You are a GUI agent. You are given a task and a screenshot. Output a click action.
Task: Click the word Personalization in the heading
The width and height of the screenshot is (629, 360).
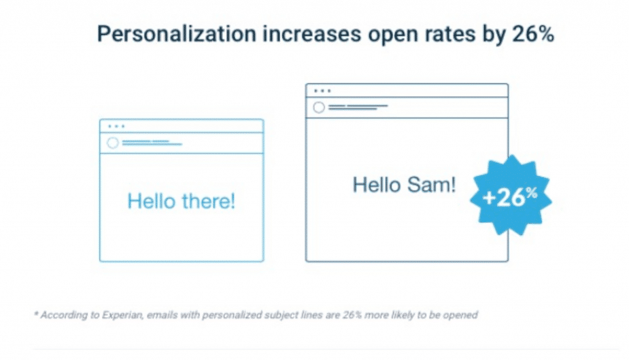pos(177,34)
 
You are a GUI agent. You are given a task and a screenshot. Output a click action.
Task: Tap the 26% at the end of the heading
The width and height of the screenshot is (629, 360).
pos(533,34)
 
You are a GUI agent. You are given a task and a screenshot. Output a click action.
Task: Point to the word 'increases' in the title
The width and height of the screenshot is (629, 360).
pos(312,34)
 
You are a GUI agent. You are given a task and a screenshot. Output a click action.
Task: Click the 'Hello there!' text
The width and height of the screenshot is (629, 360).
pos(181,201)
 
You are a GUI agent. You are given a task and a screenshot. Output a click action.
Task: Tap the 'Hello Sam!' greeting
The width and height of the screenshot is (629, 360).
pos(404,185)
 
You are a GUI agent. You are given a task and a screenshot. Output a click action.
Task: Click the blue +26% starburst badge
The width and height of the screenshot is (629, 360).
pos(510,195)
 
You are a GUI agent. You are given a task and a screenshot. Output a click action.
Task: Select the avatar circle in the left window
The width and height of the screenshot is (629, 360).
pos(113,143)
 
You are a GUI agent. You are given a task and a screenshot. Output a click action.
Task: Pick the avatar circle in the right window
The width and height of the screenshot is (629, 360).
pos(319,108)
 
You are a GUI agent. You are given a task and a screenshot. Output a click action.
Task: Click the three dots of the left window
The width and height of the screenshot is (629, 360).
pos(116,127)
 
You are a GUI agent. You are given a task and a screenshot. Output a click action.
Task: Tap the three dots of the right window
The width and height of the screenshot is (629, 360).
pos(322,91)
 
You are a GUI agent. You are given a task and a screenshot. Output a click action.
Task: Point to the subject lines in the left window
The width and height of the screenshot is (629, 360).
pos(152,143)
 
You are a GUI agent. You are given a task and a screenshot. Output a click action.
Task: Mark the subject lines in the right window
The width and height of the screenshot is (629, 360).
pos(358,107)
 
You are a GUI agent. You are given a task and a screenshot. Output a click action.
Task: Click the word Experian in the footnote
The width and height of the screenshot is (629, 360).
pos(122,315)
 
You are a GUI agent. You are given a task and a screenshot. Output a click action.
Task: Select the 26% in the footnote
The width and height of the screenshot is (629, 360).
pos(352,315)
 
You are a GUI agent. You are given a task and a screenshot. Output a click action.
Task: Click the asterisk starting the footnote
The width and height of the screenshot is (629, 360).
pos(36,313)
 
